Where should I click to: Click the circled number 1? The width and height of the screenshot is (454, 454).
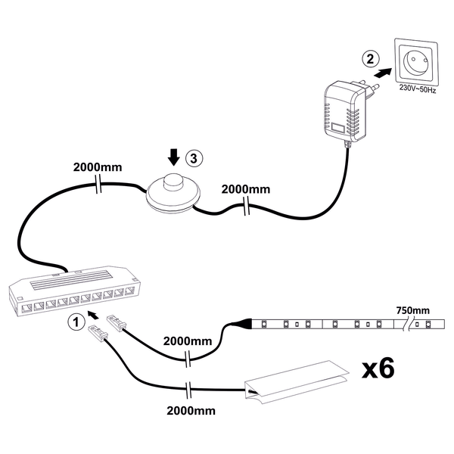[x=74, y=322]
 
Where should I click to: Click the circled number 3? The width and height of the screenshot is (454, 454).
[x=194, y=158]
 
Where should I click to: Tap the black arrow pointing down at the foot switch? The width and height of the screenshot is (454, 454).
[x=174, y=157]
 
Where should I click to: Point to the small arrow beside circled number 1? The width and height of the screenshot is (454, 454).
[x=93, y=313]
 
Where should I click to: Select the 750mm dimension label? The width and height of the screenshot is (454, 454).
[x=412, y=310]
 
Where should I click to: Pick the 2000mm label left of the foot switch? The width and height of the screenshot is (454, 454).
[x=96, y=166]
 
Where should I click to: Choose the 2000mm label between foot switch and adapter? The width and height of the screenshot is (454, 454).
[x=244, y=189]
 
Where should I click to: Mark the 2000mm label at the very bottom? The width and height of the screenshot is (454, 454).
[x=188, y=411]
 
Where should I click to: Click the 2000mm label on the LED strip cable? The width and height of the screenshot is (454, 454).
[x=187, y=340]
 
